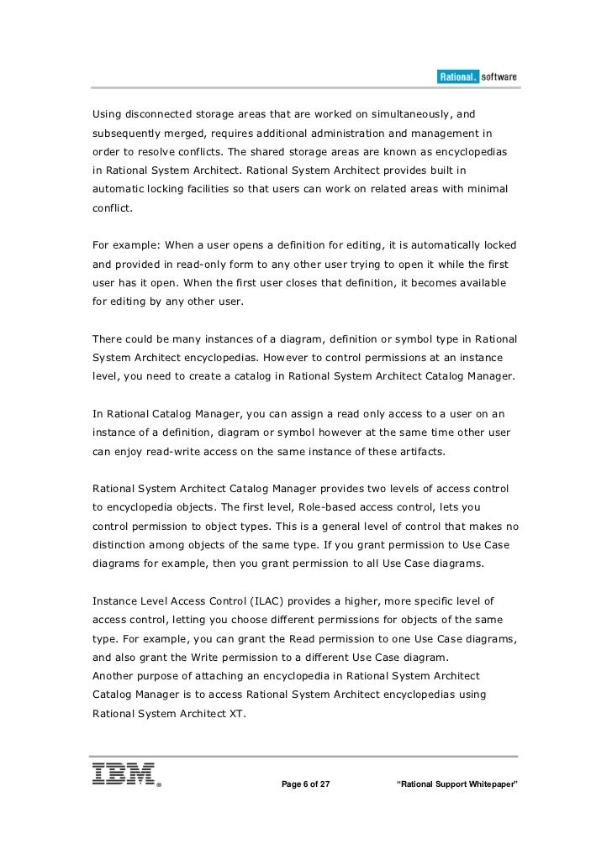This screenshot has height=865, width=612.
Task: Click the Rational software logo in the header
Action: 477,77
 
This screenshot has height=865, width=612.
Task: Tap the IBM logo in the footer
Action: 126,774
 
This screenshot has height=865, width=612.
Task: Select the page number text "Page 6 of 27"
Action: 305,785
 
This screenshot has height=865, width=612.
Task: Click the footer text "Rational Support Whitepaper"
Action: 456,785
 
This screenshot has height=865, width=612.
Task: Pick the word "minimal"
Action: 485,189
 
